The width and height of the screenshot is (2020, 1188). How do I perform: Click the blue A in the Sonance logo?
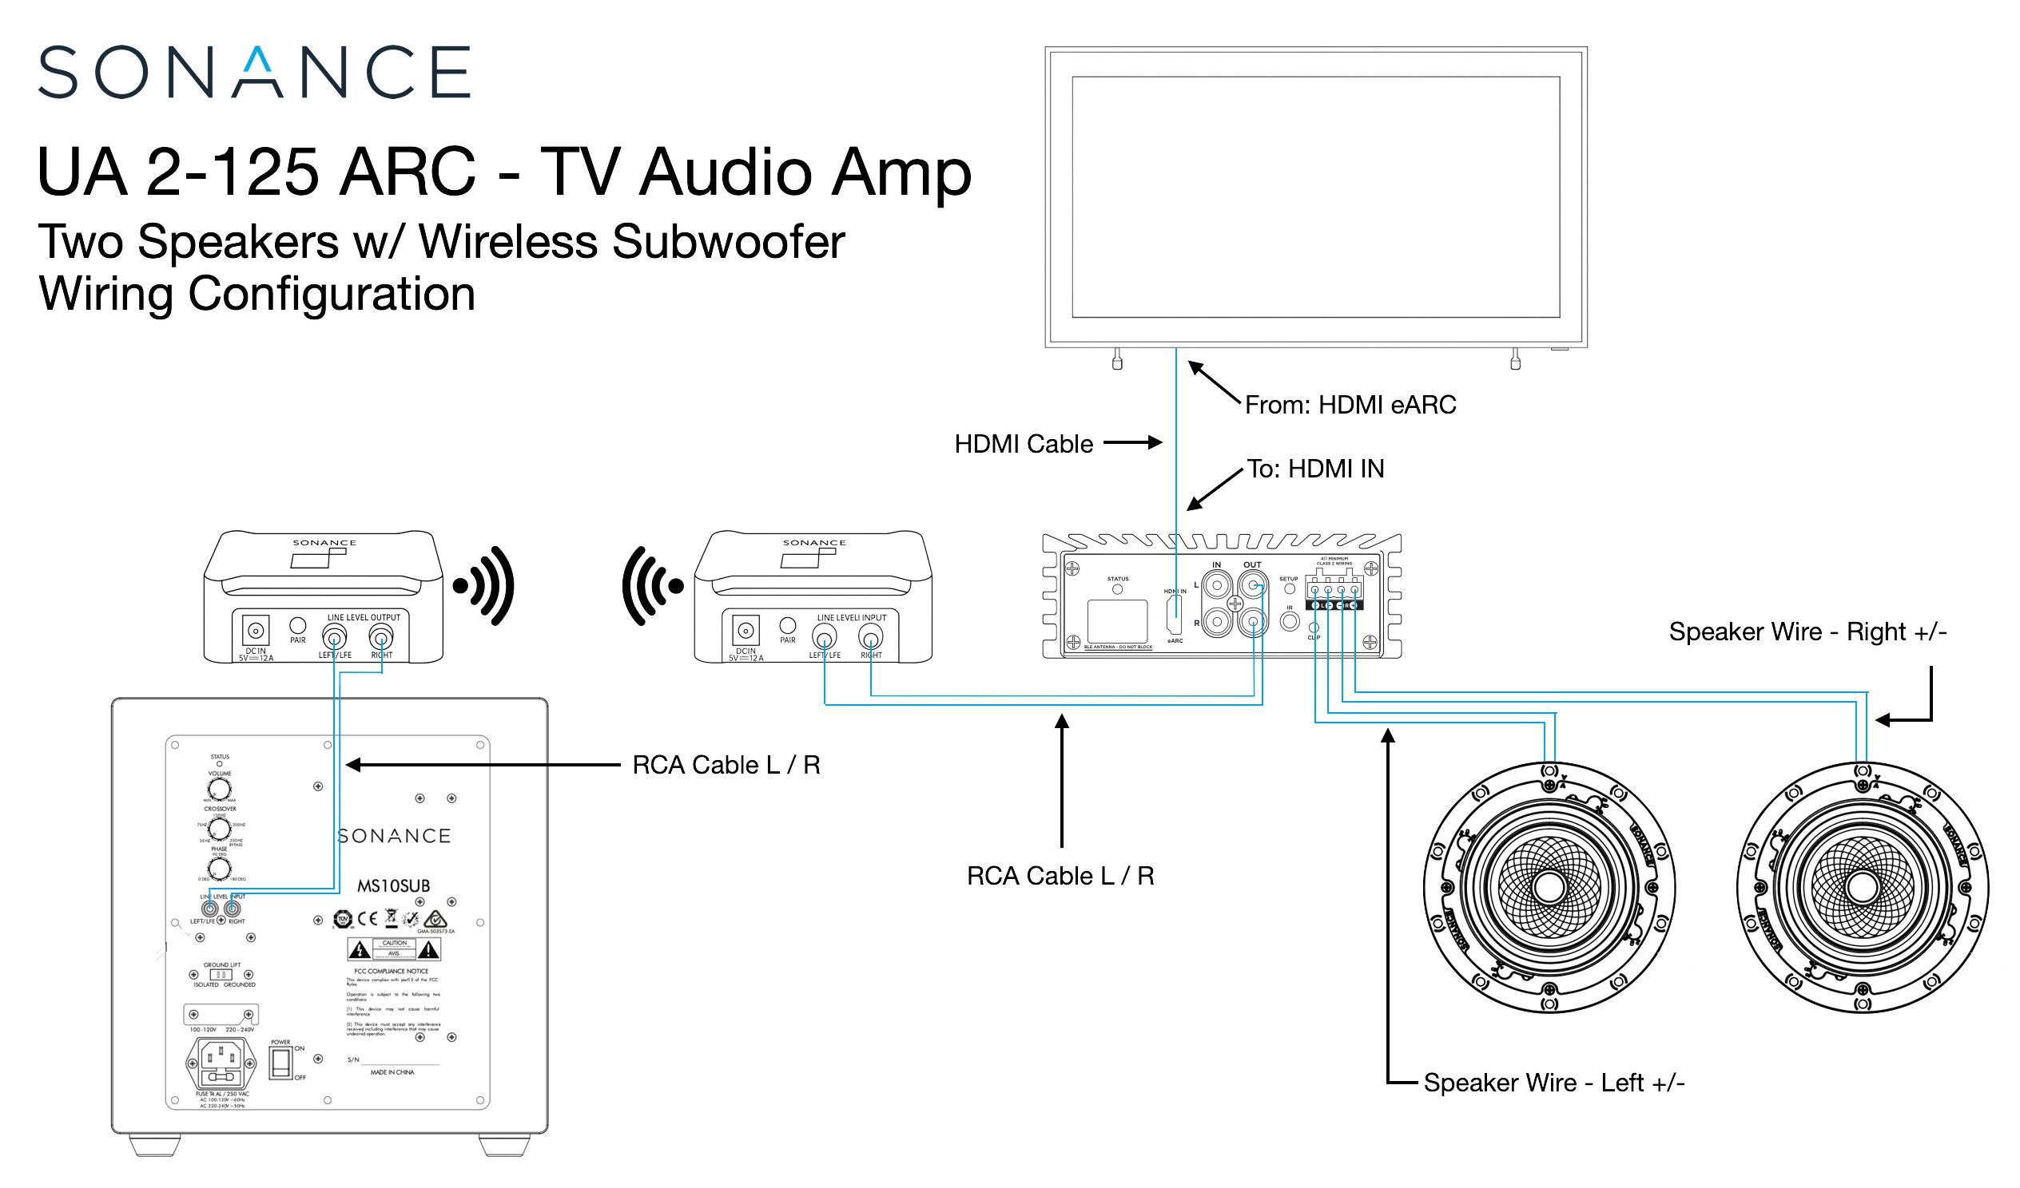256,71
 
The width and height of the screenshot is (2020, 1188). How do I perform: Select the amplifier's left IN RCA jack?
1217,585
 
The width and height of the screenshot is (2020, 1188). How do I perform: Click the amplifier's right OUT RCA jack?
1253,621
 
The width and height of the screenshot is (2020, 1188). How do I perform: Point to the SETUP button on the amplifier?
1289,588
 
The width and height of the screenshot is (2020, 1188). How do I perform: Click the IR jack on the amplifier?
1289,620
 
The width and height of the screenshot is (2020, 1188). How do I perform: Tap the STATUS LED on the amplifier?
1117,589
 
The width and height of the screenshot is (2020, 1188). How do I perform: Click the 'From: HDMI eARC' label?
1350,406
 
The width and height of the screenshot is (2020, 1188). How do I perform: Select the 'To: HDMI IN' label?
1315,469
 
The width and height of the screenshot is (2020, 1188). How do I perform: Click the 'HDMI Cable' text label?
1023,445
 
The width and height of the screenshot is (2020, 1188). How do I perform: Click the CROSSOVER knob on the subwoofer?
219,829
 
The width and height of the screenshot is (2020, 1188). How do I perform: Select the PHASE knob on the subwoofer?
219,869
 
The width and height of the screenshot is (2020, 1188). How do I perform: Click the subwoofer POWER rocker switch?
280,1063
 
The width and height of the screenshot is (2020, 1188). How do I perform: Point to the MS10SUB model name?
394,886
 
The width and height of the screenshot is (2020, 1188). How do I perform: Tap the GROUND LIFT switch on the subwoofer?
220,975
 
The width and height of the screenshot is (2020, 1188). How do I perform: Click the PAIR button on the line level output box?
297,626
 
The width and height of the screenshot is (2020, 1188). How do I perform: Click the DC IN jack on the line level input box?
746,631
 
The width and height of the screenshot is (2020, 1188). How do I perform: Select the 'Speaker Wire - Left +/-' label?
1553,1083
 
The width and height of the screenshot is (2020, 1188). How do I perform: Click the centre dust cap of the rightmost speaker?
1861,887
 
